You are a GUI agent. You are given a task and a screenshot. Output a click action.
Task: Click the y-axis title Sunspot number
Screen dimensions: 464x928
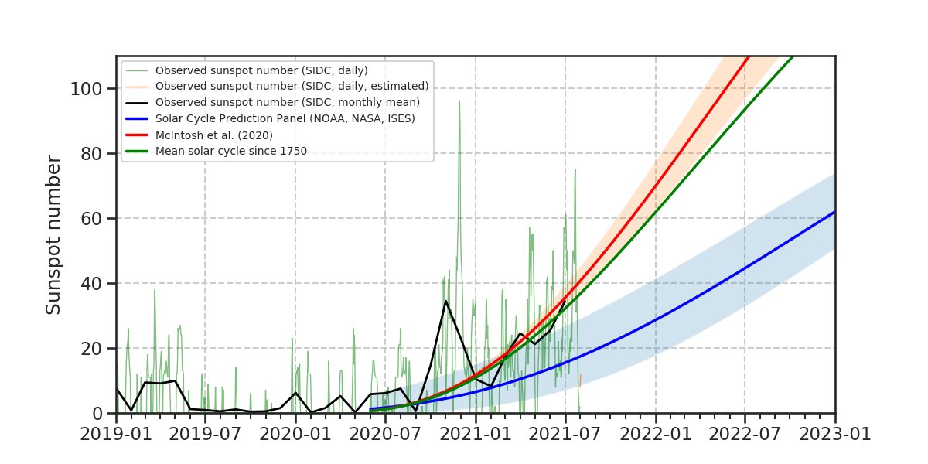pos(53,234)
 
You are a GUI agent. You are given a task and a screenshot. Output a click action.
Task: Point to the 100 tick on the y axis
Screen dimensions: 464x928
pos(87,88)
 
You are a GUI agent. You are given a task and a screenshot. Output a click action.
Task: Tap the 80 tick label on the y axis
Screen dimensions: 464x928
pos(93,153)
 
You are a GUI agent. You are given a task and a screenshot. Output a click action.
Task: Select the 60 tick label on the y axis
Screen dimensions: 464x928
pos(93,218)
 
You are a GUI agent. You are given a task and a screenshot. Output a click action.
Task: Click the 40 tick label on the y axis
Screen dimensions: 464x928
pos(93,283)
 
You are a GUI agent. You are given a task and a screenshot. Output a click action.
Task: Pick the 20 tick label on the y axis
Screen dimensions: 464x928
pos(93,348)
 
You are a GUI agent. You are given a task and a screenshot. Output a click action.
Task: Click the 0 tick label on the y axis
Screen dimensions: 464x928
pos(99,413)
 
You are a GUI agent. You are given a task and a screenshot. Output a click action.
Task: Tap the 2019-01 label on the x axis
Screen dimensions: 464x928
pos(116,434)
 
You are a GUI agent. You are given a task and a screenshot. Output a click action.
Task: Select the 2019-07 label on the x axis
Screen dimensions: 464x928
pos(205,434)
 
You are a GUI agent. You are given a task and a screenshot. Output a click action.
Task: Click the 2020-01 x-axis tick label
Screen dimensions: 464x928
pos(295,434)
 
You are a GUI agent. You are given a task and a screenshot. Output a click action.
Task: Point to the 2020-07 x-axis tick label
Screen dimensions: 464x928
pos(385,434)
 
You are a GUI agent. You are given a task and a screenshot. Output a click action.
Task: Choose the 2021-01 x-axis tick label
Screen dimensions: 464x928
pos(476,434)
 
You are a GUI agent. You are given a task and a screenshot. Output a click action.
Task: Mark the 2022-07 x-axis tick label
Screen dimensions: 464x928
pos(745,434)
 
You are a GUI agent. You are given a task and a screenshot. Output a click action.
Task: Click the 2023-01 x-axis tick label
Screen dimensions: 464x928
pos(835,434)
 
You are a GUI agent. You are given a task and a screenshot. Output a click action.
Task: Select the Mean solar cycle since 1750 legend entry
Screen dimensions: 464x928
pos(231,151)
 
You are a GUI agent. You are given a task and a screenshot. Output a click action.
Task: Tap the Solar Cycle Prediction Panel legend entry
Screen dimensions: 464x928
pos(285,118)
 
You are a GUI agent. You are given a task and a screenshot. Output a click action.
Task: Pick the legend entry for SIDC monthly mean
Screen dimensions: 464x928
pos(287,102)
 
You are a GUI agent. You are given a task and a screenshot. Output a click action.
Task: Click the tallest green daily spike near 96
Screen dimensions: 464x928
pos(459,101)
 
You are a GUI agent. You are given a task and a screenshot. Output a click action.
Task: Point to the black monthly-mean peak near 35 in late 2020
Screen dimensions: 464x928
pos(445,301)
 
